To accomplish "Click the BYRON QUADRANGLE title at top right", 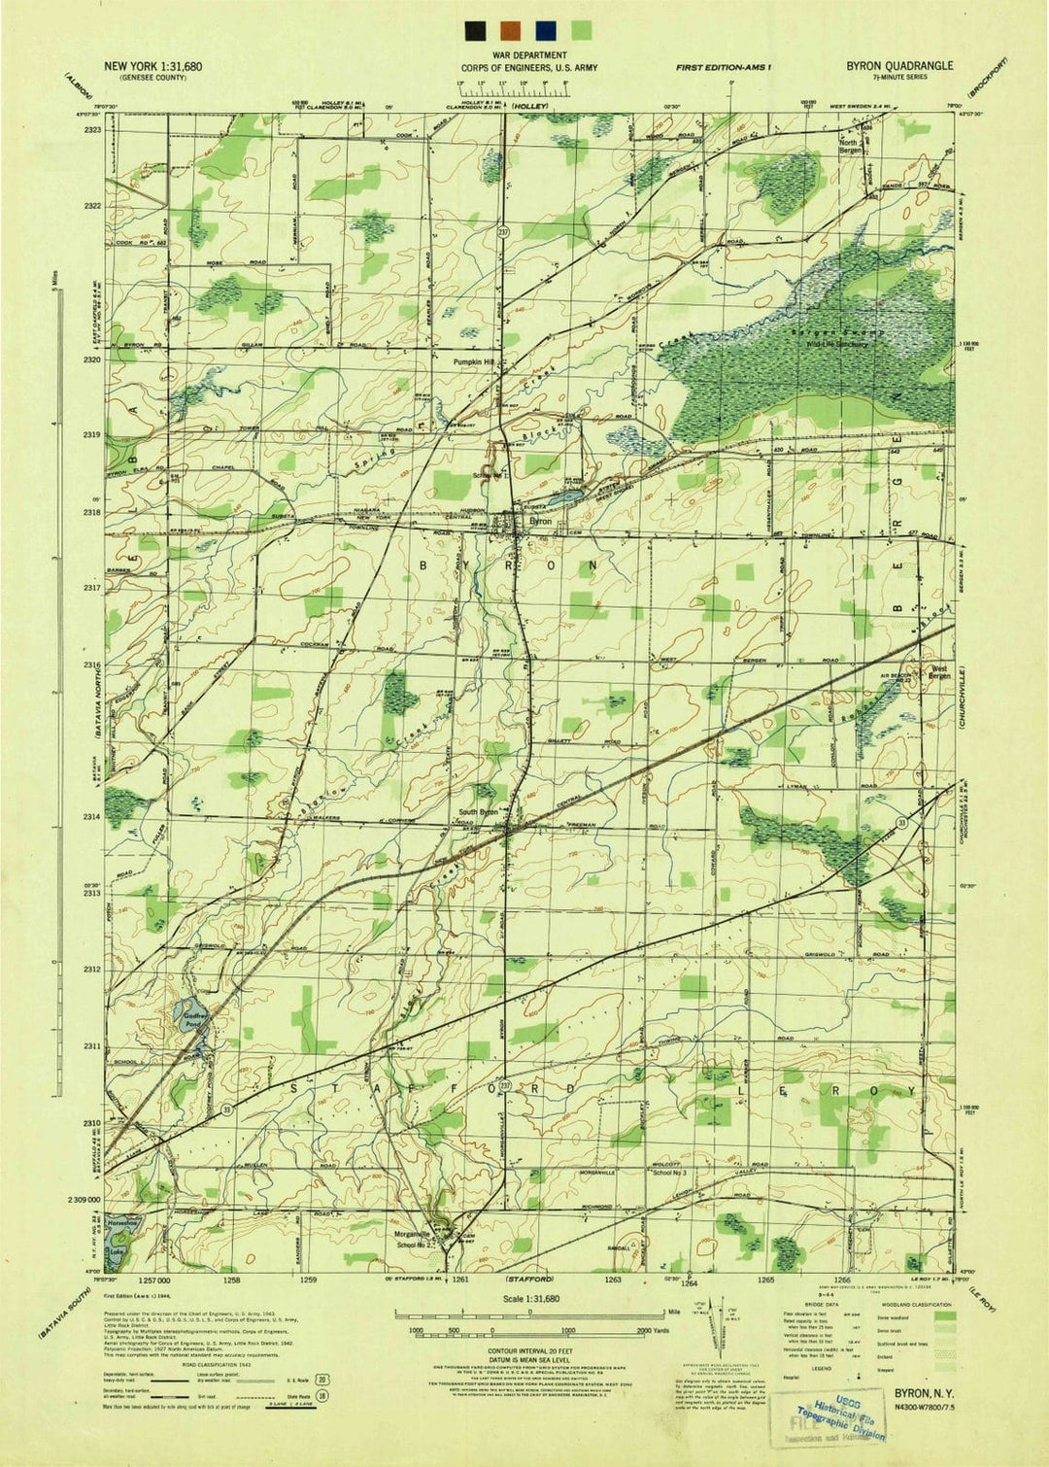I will click(x=898, y=66).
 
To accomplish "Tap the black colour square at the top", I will click(x=475, y=29).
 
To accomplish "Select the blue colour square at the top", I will click(x=546, y=29).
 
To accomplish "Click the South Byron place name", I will click(x=478, y=812).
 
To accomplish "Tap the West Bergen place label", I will click(x=938, y=671).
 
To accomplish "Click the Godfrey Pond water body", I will click(x=194, y=1020).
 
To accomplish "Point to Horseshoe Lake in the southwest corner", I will click(x=119, y=1239).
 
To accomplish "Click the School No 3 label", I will click(x=669, y=1174).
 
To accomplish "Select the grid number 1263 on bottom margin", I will click(x=613, y=1279).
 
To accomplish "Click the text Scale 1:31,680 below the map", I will click(x=530, y=1298).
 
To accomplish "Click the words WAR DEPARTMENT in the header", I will click(x=529, y=56).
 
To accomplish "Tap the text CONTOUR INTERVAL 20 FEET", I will click(x=529, y=1350).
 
